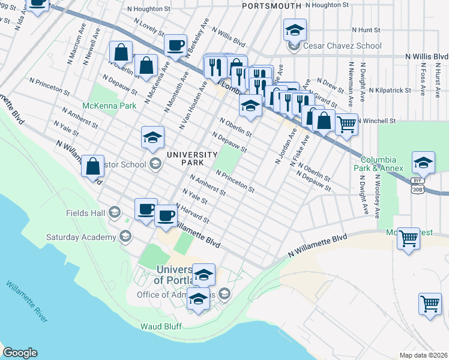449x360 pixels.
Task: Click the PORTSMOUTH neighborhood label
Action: (x=271, y=5)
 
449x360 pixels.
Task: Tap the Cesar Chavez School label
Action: (x=342, y=46)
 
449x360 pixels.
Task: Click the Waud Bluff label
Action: (x=161, y=326)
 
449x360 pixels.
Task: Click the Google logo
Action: (x=20, y=353)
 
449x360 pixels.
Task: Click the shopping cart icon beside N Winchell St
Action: (x=346, y=125)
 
